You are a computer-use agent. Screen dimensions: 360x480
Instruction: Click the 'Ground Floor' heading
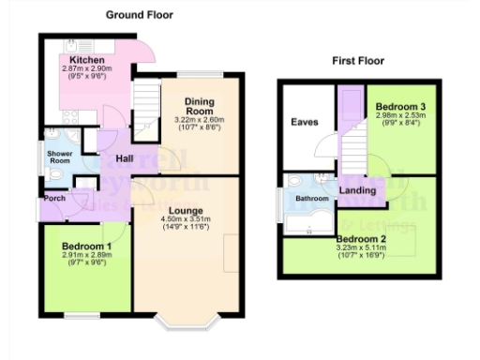139,15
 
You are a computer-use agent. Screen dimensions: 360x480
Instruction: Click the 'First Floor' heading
358,61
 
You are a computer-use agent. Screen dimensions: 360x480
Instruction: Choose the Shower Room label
59,157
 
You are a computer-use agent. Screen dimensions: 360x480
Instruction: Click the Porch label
52,199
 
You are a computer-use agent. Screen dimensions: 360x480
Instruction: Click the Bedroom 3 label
400,108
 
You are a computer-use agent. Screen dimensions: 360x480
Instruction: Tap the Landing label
357,192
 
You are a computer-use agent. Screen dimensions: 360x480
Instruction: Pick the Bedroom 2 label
361,239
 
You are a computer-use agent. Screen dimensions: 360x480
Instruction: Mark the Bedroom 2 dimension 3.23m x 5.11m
361,247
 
